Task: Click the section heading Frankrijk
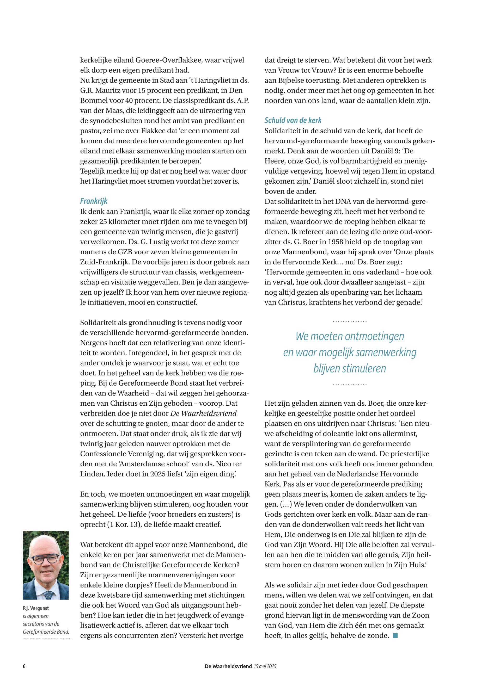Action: (x=94, y=201)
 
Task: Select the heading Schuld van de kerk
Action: (x=293, y=120)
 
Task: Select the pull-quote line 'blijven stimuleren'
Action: (x=350, y=368)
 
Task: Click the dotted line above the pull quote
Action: (x=350, y=322)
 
